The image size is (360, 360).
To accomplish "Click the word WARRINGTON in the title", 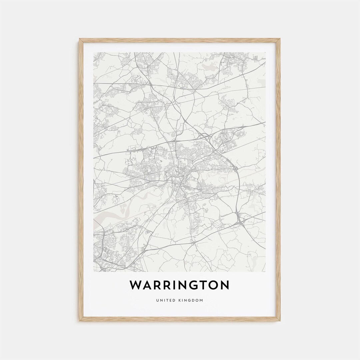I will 179,285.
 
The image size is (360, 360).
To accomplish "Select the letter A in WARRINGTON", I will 148,285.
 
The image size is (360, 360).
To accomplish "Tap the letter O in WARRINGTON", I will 216,285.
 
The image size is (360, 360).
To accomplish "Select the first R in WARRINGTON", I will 159,285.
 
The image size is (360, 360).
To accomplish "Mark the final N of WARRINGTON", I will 225,285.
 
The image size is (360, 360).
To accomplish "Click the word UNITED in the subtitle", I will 165,301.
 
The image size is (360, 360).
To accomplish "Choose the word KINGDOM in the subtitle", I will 190,301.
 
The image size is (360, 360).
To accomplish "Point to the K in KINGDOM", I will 179,301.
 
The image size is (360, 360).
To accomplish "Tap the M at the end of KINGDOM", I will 201,301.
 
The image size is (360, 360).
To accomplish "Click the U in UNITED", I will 157,301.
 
